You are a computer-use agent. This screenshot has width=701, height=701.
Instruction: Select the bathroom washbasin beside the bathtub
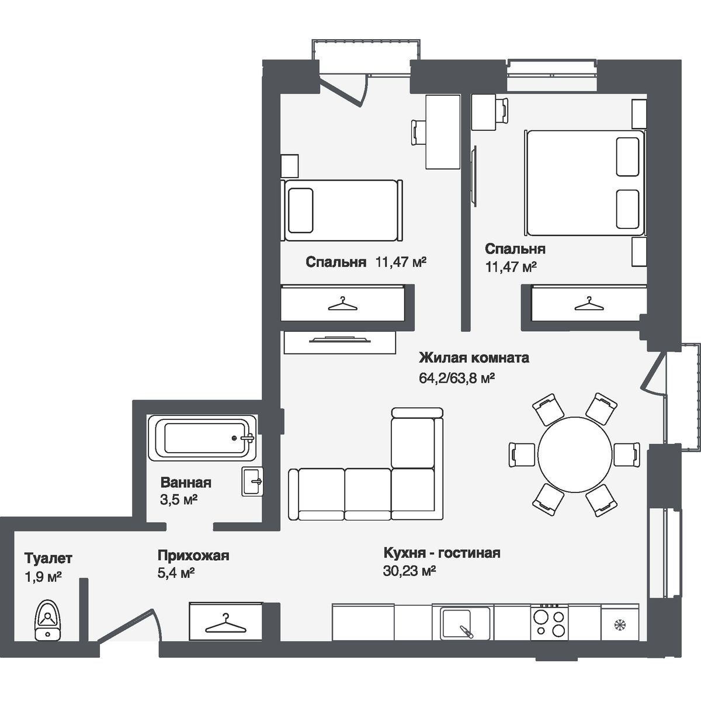(x=253, y=482)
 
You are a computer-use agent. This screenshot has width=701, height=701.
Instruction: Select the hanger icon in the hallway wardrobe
(x=225, y=623)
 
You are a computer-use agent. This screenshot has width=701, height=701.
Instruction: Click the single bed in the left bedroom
(x=342, y=210)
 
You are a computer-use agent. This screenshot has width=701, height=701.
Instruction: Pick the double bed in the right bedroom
(x=585, y=183)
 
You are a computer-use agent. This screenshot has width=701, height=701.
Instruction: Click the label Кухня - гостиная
(x=442, y=553)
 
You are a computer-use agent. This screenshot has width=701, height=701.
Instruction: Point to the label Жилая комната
(x=474, y=358)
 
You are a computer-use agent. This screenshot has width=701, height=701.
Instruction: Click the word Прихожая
(x=193, y=555)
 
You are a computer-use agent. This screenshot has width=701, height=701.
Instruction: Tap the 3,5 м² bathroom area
(x=178, y=500)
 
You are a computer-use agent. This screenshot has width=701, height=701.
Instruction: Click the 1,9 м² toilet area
(x=43, y=577)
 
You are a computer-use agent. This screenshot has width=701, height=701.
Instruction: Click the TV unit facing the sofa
(x=339, y=342)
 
